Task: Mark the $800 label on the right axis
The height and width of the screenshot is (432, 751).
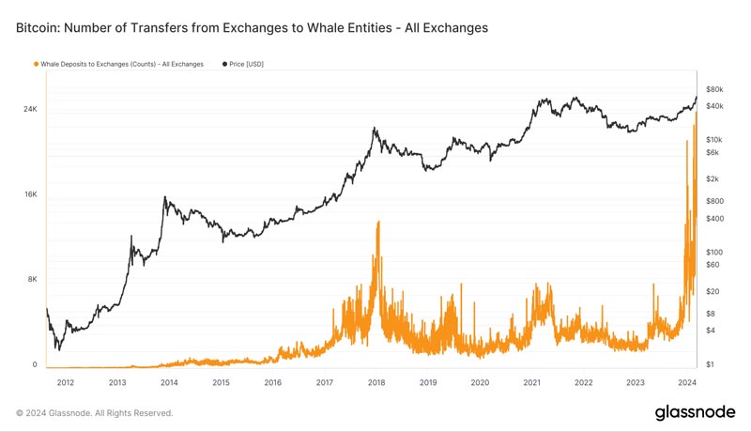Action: tap(715, 201)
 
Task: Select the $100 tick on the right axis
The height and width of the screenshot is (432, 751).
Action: tap(715, 252)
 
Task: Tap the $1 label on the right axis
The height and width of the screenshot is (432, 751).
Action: tap(712, 364)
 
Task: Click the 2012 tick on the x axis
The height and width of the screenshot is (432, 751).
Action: tap(66, 382)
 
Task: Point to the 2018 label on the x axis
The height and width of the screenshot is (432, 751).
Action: tap(376, 382)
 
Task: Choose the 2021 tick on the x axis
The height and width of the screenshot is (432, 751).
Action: tap(531, 382)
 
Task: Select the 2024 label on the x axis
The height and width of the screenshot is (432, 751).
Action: tap(686, 382)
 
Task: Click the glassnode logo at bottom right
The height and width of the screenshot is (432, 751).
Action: tap(695, 412)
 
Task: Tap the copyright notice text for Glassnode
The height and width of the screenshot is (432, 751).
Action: tap(94, 412)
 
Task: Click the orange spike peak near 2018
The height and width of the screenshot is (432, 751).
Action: tap(377, 223)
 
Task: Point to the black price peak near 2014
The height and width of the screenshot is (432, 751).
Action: tap(165, 197)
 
